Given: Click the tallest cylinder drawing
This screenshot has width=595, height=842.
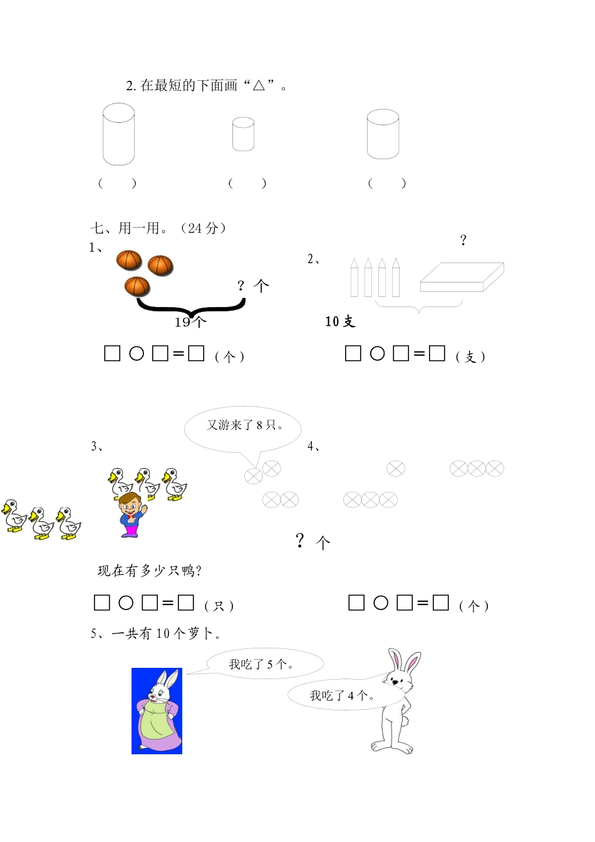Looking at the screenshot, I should coord(119,134).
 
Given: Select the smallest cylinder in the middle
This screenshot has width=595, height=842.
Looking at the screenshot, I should coord(243,134).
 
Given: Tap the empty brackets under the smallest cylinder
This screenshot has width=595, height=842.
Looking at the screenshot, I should coord(247,183).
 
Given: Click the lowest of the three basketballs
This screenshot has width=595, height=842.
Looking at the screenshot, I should coord(137,286).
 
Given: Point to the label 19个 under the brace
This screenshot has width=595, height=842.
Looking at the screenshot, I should coord(190,322).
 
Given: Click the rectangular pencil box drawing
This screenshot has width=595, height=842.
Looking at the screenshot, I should coord(462,278).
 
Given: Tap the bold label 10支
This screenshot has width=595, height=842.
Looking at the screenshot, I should coord(340,321).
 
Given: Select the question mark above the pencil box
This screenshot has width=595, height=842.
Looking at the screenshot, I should coord(463,240).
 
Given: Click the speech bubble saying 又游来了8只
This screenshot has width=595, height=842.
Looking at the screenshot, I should coord(243,426).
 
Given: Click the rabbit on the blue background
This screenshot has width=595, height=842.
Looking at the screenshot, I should coord(157,711).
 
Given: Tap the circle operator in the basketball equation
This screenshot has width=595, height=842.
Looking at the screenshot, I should coord(137,354).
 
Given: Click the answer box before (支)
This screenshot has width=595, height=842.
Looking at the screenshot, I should coord(437,354).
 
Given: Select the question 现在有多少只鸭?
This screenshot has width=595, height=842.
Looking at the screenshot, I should coord(149,571).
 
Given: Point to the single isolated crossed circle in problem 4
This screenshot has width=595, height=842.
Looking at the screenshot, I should coord(396,469).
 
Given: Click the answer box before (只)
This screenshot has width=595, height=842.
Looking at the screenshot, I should coord(185,603).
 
